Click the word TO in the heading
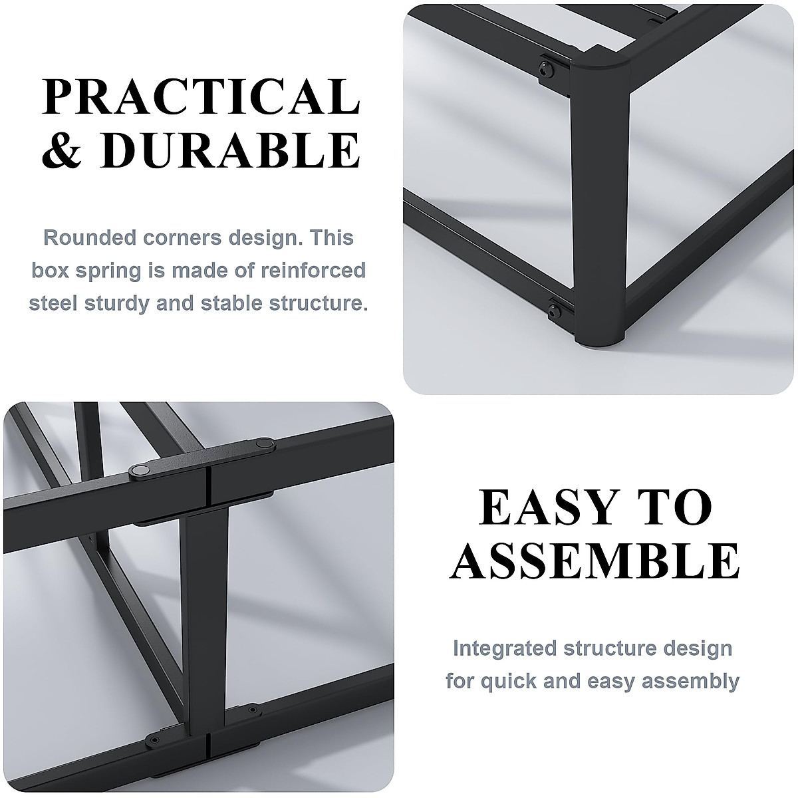[x=677, y=508]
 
